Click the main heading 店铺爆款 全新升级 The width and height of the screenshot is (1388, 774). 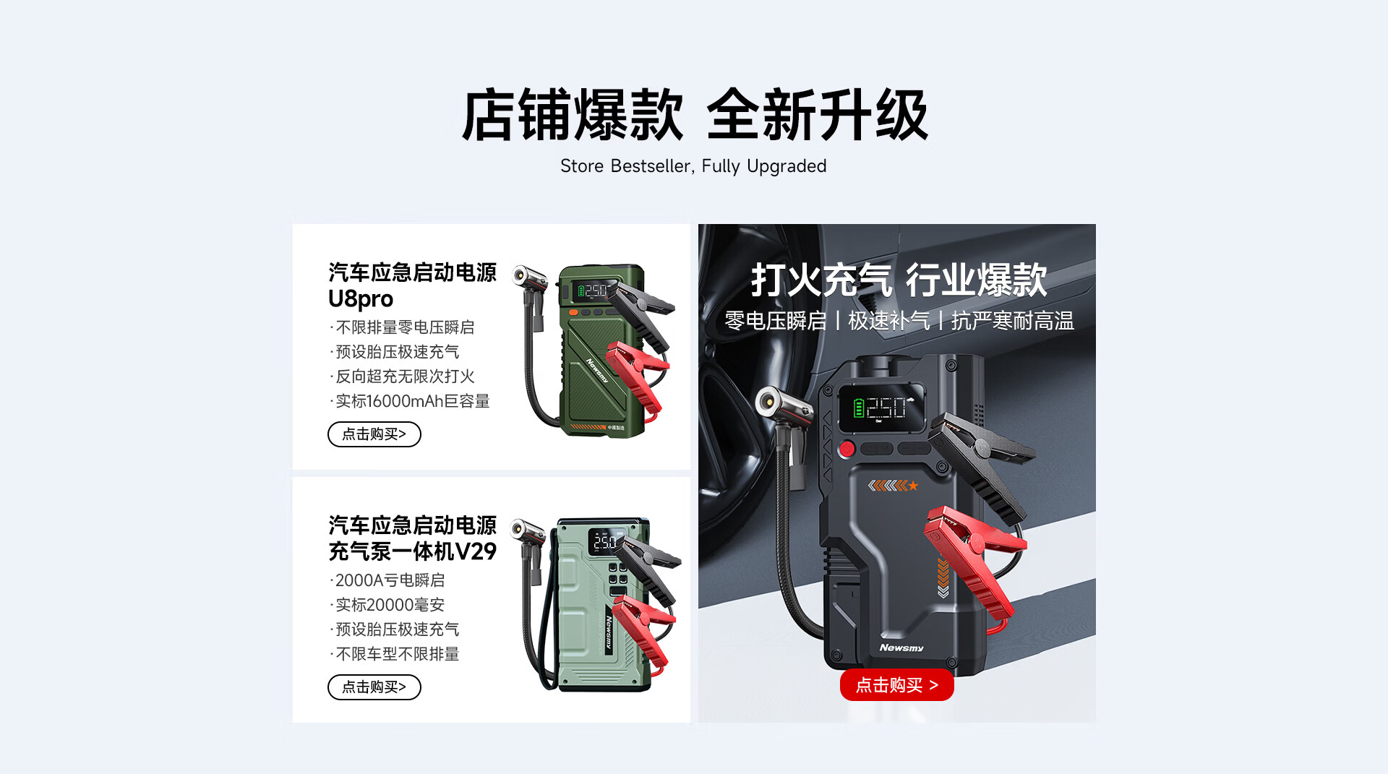click(x=694, y=114)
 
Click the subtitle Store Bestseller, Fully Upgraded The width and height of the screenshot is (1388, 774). click(x=693, y=166)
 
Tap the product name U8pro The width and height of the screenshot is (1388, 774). click(x=361, y=298)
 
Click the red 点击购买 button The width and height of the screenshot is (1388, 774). click(x=896, y=685)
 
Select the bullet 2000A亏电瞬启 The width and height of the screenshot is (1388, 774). click(x=388, y=580)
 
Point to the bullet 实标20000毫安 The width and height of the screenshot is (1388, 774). click(x=388, y=605)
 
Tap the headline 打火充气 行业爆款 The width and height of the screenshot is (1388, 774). click(x=899, y=280)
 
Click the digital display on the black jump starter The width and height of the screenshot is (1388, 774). click(x=881, y=408)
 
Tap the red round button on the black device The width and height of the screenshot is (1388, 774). click(x=847, y=449)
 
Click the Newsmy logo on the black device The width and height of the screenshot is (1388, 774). click(x=901, y=648)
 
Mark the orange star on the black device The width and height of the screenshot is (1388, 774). click(x=913, y=486)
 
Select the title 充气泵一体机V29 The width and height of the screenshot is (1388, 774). click(x=412, y=551)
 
